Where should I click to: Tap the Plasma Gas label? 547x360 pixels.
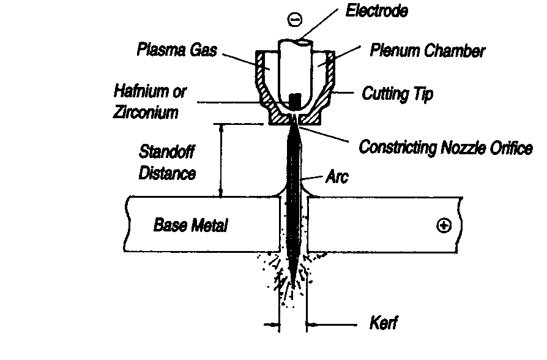(x=176, y=50)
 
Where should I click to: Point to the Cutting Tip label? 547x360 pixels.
(x=398, y=94)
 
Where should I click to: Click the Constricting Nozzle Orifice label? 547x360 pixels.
(x=445, y=148)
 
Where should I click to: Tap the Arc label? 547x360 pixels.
(x=337, y=178)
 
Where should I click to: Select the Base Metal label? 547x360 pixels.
(x=190, y=225)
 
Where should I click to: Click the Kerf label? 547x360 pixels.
(x=384, y=323)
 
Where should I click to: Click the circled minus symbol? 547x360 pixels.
(x=294, y=19)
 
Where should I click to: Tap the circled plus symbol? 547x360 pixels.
(x=443, y=226)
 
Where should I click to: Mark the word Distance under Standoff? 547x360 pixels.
(x=167, y=173)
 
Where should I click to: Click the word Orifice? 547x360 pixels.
(x=512, y=148)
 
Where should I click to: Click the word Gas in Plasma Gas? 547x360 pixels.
(x=205, y=50)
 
